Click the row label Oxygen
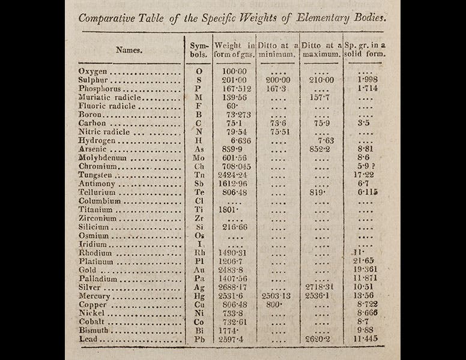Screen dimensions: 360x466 point(92,71)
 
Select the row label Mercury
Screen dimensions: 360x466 point(94,296)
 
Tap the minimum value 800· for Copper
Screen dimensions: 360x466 point(273,305)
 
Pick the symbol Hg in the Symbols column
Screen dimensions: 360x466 point(199,296)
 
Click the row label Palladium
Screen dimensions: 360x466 point(97,279)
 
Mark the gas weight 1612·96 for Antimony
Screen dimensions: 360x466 point(231,183)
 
